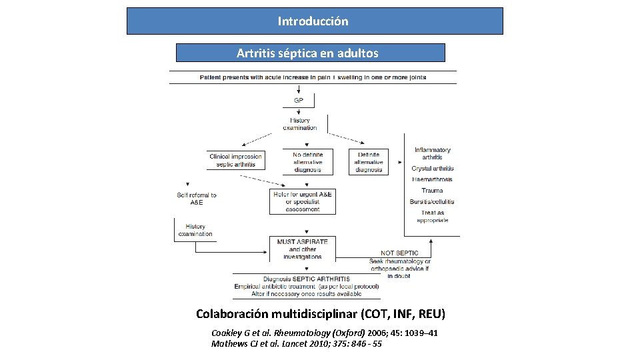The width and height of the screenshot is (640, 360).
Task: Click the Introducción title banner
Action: pyautogui.click(x=314, y=21)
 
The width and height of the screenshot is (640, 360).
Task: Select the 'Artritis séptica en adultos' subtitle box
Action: pyautogui.click(x=310, y=53)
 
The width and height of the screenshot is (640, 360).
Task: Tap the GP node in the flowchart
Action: pyautogui.click(x=299, y=101)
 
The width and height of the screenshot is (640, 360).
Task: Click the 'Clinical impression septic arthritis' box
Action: pyautogui.click(x=235, y=160)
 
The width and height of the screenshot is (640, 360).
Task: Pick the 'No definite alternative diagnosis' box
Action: pyautogui.click(x=307, y=161)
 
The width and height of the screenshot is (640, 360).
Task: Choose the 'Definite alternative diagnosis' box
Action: pyautogui.click(x=369, y=161)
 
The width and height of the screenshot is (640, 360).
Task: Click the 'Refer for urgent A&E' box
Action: pyautogui.click(x=302, y=201)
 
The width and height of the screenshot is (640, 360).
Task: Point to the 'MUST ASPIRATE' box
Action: pyautogui.click(x=302, y=249)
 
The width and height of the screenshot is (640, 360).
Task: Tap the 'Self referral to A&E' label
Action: pyautogui.click(x=197, y=199)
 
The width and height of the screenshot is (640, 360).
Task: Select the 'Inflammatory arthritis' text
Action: pyautogui.click(x=432, y=153)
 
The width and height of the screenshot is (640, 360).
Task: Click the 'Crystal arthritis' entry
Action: pyautogui.click(x=432, y=169)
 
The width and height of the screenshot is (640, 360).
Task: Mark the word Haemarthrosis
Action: pyautogui.click(x=432, y=179)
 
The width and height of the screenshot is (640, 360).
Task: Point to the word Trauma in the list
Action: pyautogui.click(x=432, y=191)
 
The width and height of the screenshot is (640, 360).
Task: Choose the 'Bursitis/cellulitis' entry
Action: pyautogui.click(x=432, y=201)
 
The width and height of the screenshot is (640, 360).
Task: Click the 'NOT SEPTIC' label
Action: pyautogui.click(x=399, y=253)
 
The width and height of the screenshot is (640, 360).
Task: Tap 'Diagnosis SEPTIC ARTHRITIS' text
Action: pyautogui.click(x=306, y=279)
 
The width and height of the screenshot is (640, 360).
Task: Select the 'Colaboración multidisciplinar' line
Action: pyautogui.click(x=320, y=313)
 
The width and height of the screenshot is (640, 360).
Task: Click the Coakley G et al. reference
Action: pyautogui.click(x=324, y=333)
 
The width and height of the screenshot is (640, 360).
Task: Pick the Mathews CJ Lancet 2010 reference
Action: pyautogui.click(x=296, y=344)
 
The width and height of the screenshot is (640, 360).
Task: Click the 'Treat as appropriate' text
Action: pyautogui.click(x=432, y=216)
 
